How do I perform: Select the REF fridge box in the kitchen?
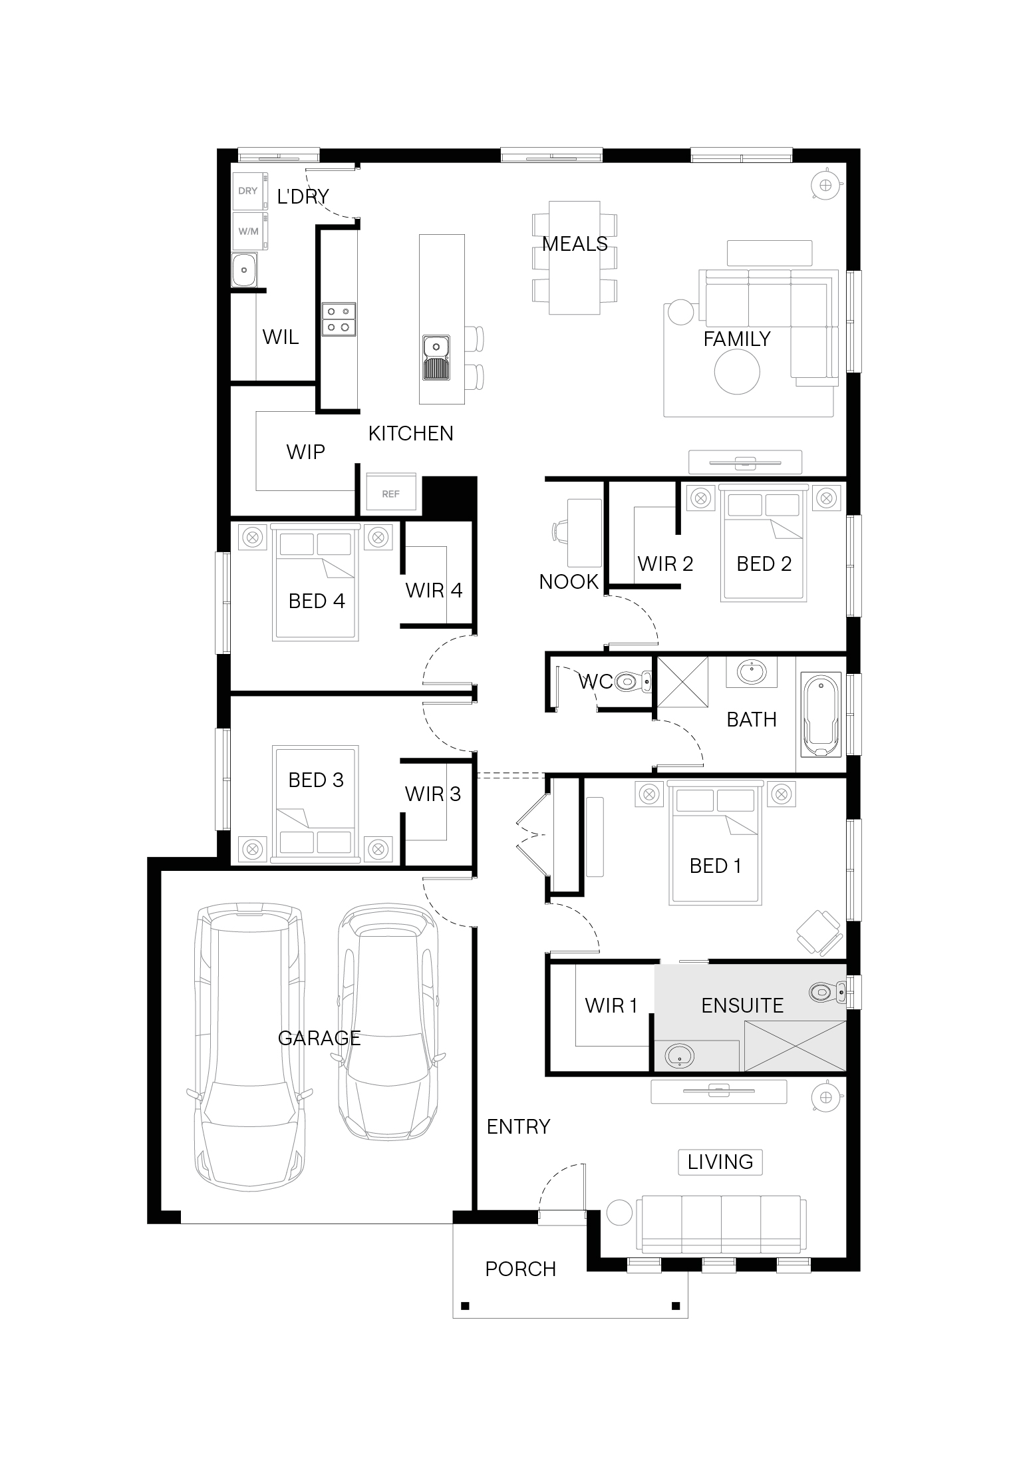click(x=391, y=494)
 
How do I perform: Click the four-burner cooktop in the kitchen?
click(x=339, y=319)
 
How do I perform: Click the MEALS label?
click(x=575, y=244)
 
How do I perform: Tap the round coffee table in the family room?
click(x=737, y=372)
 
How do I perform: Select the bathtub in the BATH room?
click(x=823, y=716)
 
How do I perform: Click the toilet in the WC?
click(x=633, y=681)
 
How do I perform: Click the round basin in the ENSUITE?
click(x=680, y=1055)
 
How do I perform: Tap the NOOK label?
click(x=569, y=582)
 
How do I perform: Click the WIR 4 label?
click(x=434, y=590)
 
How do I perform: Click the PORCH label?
click(x=521, y=1269)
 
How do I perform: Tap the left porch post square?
click(x=465, y=1306)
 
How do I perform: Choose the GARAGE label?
click(x=319, y=1038)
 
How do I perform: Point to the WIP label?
click(x=306, y=452)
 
